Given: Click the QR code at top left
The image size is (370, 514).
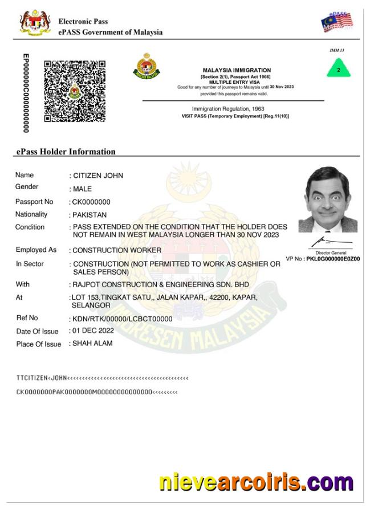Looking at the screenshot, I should (x=75, y=91).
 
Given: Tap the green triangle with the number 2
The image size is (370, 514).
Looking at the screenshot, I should (x=339, y=69).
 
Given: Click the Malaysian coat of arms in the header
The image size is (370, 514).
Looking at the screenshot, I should (x=35, y=22).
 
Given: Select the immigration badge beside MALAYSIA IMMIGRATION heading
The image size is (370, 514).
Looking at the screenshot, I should (x=147, y=67).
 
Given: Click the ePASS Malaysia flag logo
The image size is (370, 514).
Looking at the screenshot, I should (x=336, y=22).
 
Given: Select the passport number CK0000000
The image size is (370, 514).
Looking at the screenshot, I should (x=91, y=202).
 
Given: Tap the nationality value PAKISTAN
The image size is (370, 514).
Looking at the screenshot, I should (x=90, y=215).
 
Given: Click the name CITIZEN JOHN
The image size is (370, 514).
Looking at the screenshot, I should (x=97, y=176).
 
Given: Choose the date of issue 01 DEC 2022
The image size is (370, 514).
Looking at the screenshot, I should (x=93, y=331).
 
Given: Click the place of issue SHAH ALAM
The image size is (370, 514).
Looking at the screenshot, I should (x=92, y=344).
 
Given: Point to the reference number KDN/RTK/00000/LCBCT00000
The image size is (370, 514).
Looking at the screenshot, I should (x=122, y=319).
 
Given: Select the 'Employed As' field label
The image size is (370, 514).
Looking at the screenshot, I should (x=36, y=250).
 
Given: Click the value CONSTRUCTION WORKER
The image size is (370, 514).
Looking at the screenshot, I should (x=117, y=250).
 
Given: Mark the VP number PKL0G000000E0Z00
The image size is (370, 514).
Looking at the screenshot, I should (x=333, y=259).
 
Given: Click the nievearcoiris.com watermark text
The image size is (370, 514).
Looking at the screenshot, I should (x=256, y=483).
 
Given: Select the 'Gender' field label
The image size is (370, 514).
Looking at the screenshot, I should (x=27, y=187).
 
